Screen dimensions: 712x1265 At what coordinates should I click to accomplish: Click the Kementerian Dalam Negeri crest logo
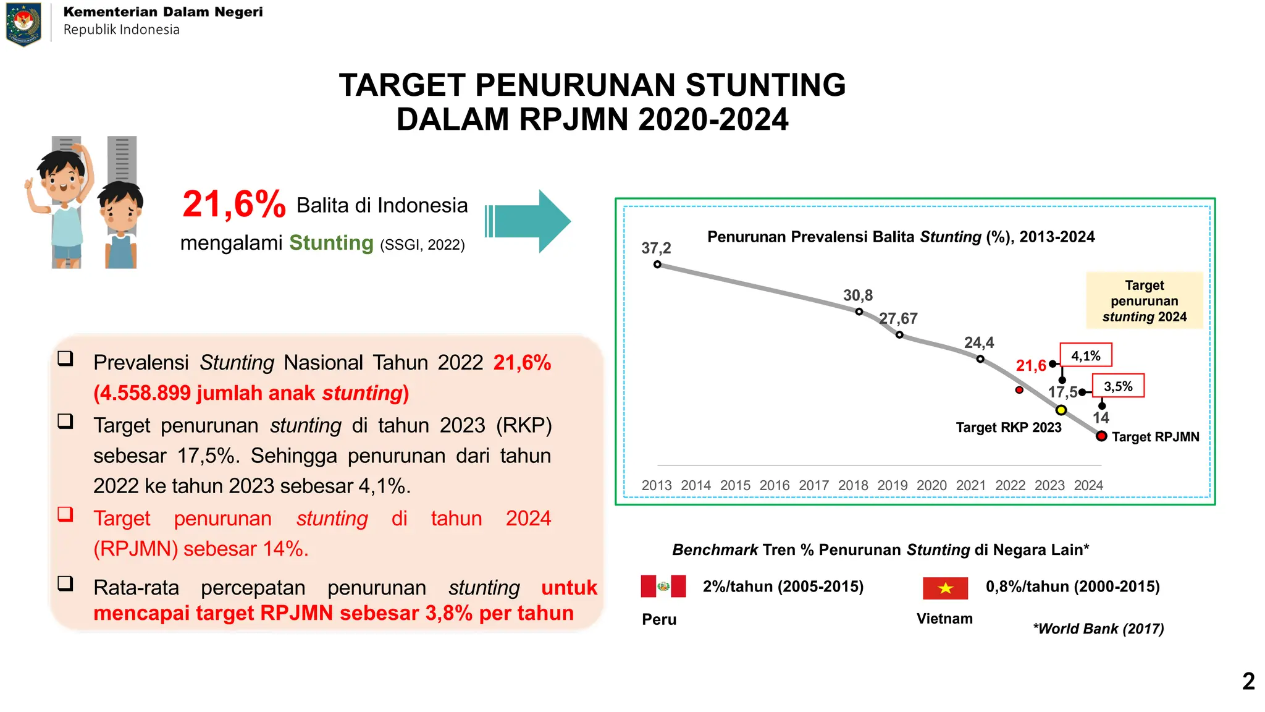[23, 24]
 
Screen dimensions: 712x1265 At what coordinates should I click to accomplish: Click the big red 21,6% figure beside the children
[234, 204]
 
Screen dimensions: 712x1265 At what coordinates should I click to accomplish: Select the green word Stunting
[331, 243]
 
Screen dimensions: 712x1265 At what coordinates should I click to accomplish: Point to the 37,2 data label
[656, 248]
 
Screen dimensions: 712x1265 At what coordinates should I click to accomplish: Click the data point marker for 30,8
[859, 311]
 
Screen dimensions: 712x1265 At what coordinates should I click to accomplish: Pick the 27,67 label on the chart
[898, 318]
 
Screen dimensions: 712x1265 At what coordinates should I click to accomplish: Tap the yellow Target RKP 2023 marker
[1061, 410]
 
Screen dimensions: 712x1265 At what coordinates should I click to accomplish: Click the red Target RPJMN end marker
[1101, 436]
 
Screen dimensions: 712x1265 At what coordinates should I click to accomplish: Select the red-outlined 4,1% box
[1086, 355]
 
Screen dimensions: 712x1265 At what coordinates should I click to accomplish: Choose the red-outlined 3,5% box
[1118, 386]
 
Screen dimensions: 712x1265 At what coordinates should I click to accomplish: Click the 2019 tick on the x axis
[893, 486]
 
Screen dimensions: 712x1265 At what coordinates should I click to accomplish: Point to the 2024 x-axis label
[1088, 486]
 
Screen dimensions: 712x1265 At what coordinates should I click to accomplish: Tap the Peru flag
[663, 586]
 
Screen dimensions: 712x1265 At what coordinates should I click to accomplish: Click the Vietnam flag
[945, 588]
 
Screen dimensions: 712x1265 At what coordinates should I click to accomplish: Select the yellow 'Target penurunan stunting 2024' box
[1145, 301]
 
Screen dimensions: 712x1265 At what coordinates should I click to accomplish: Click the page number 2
[1248, 681]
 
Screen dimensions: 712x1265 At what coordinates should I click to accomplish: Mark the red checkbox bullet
[65, 514]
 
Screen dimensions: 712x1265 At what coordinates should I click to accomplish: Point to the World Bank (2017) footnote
[1098, 629]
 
